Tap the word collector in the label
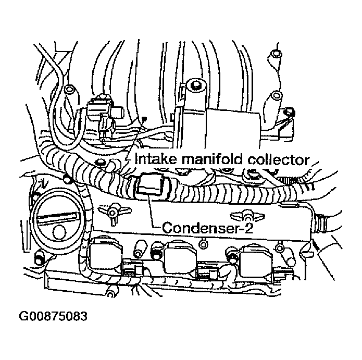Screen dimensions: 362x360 278,160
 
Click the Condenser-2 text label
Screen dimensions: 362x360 207,228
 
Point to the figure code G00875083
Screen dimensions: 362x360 53,316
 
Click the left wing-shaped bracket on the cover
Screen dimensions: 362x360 114,212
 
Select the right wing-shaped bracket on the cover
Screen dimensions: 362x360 247,215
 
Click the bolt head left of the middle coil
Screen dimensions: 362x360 156,250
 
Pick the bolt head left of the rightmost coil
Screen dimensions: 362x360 232,255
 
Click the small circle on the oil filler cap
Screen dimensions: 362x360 59,232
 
